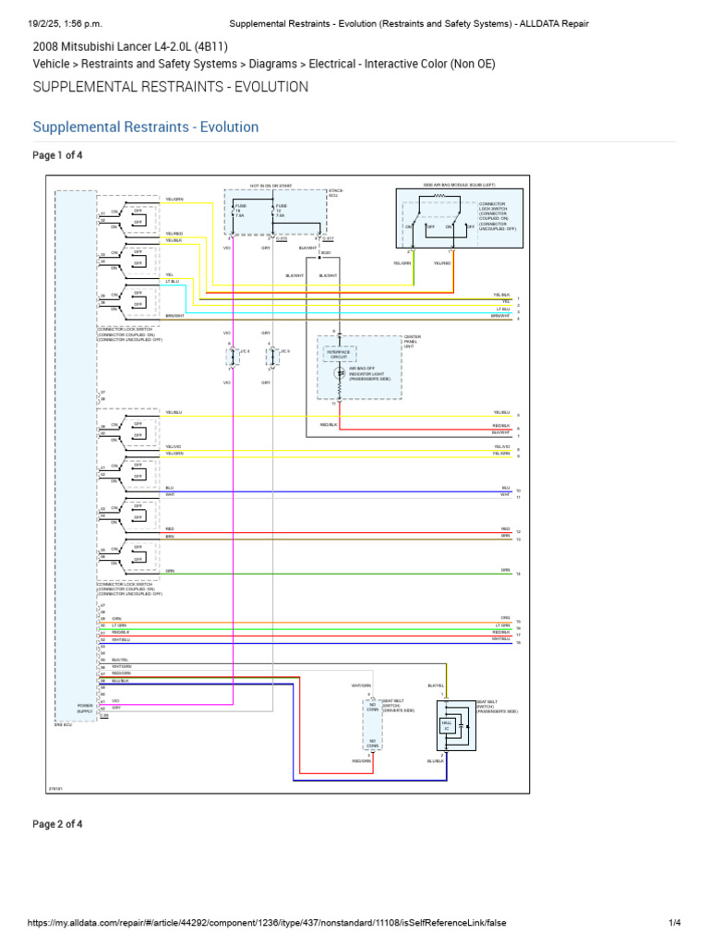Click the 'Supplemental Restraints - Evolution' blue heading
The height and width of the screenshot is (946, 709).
pyautogui.click(x=146, y=127)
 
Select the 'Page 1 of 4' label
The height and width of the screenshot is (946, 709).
pyautogui.click(x=58, y=155)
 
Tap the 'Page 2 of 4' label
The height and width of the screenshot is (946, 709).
pyautogui.click(x=58, y=824)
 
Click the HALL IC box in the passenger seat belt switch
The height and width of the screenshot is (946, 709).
pyautogui.click(x=447, y=725)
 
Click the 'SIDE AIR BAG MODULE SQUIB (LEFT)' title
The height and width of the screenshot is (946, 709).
pyautogui.click(x=459, y=186)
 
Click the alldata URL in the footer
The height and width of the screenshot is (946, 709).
pyautogui.click(x=268, y=923)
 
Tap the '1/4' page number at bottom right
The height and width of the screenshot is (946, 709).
pyautogui.click(x=674, y=923)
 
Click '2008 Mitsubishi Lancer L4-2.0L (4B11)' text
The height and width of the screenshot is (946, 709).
pyautogui.click(x=130, y=45)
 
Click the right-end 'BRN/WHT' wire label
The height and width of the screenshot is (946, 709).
pyautogui.click(x=501, y=316)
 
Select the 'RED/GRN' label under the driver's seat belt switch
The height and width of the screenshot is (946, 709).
pyautogui.click(x=360, y=760)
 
